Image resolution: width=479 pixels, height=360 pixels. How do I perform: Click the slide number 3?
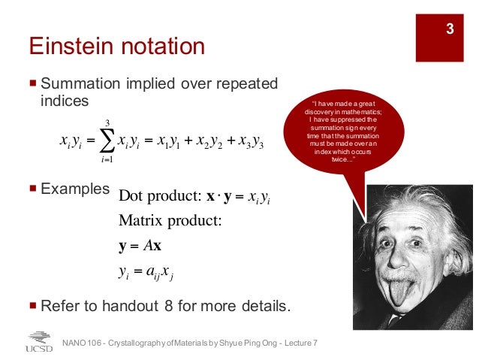point(450,30)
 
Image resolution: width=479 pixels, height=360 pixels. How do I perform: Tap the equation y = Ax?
point(140,246)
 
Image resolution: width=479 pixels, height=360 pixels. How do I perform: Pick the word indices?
point(65,100)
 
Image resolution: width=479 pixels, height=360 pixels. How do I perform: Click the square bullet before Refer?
point(32,306)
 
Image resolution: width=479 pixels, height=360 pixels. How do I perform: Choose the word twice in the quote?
point(332,159)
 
